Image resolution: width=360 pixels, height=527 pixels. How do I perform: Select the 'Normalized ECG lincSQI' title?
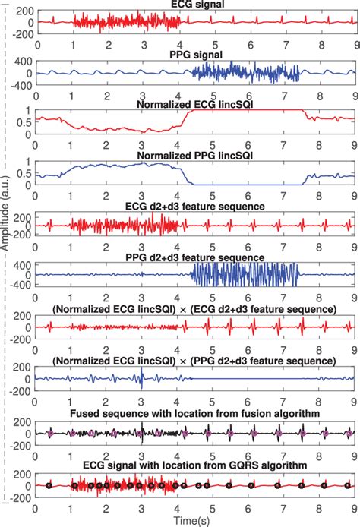[x=193, y=104]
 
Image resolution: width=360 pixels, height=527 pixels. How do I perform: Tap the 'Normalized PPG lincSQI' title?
[x=193, y=155]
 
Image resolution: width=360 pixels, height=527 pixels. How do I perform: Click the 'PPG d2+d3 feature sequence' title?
[x=193, y=257]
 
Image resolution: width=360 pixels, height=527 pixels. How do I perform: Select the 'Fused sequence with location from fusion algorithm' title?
[x=193, y=411]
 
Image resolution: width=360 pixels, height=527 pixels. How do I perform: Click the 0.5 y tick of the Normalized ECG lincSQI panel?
[x=24, y=122]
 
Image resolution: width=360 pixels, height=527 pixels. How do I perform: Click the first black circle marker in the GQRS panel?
[x=49, y=484]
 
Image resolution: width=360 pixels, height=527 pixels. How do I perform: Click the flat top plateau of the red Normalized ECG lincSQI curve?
[x=243, y=111]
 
